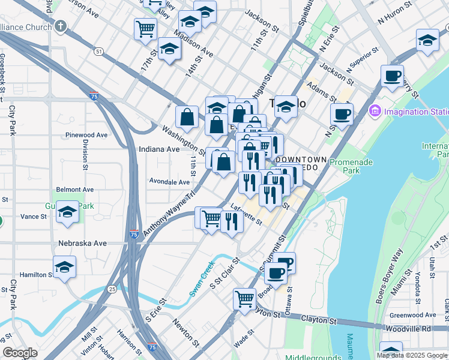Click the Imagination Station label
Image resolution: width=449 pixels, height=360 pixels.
pyautogui.click(x=416, y=112)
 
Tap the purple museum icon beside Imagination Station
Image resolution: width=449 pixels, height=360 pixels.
pyautogui.click(x=375, y=111)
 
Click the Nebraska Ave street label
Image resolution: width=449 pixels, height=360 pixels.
pyautogui.click(x=82, y=243)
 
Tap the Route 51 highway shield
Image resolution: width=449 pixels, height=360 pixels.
pyautogui.click(x=98, y=52)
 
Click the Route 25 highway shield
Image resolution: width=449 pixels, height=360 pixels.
pyautogui.click(x=112, y=289)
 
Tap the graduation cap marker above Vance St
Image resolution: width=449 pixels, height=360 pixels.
pyautogui.click(x=68, y=211)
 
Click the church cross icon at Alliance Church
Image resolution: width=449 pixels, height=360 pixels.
pyautogui.click(x=60, y=26)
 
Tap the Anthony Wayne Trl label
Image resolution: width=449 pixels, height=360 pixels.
pyautogui.click(x=168, y=213)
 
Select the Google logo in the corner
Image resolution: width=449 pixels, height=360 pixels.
pyautogui.click(x=20, y=353)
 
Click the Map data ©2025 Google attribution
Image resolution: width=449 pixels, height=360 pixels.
pyautogui.click(x=411, y=355)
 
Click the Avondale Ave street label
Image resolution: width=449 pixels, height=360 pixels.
pyautogui.click(x=169, y=181)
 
